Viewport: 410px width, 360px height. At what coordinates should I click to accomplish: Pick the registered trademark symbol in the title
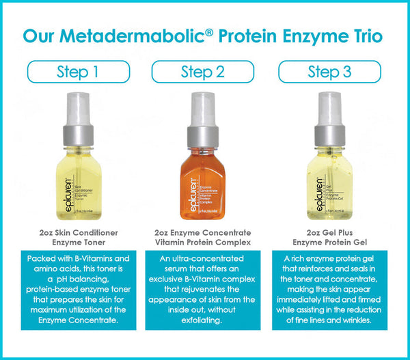pos(217,29)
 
